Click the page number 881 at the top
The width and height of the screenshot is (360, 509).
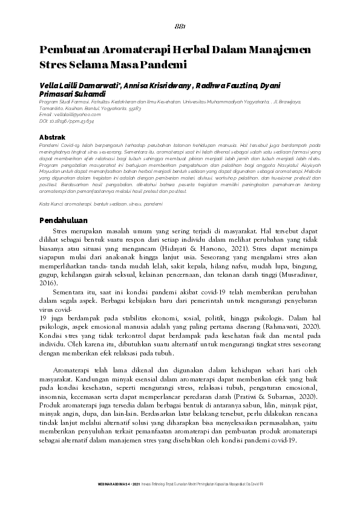pos(180,27)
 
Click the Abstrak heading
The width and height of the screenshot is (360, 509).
pos(52,137)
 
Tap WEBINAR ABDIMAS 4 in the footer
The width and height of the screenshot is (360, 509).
pos(119,485)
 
